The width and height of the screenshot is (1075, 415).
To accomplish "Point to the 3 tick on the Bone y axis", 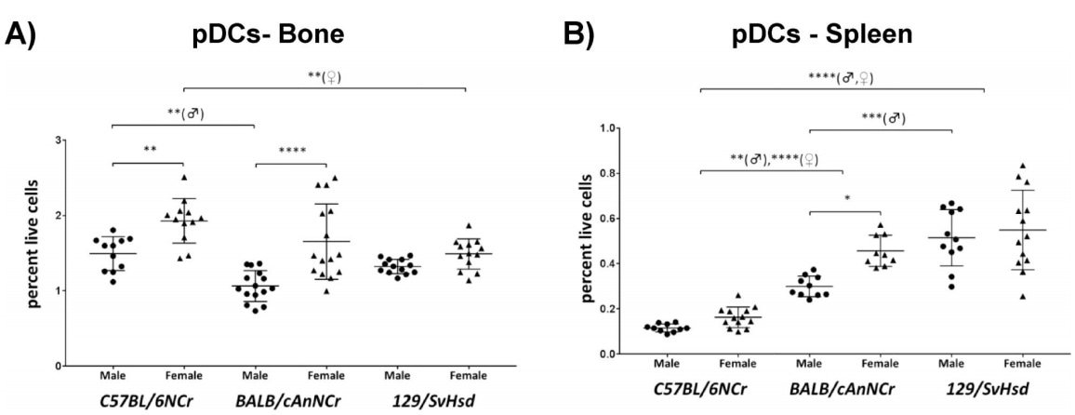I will click(86, 141).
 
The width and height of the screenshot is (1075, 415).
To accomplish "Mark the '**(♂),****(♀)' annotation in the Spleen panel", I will click(771, 157).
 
